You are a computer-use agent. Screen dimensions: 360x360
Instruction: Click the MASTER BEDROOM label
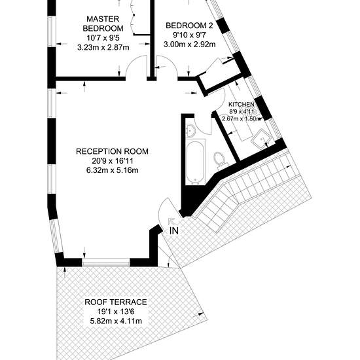click(103, 24)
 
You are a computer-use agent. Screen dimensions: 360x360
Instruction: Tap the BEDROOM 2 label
click(189, 26)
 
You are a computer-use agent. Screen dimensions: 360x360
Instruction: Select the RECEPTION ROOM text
click(112, 152)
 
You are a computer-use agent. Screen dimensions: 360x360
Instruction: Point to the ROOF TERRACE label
click(116, 302)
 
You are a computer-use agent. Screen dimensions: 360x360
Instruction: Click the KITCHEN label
click(242, 105)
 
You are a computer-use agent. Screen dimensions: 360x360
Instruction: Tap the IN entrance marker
click(174, 230)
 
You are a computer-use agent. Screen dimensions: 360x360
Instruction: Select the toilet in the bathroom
click(220, 159)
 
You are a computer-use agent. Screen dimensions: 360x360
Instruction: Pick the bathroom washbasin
click(190, 130)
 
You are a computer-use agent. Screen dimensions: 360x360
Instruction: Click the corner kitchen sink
click(262, 139)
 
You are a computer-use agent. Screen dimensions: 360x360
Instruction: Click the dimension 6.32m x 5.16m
click(113, 170)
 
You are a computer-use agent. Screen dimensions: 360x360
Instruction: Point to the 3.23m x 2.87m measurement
click(103, 48)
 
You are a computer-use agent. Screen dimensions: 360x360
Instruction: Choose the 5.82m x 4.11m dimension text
click(116, 321)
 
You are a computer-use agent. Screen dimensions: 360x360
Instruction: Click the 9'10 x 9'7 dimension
click(189, 35)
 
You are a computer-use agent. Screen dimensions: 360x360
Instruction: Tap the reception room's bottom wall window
click(106, 262)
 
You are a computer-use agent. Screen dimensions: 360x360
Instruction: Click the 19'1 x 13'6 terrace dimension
click(116, 312)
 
